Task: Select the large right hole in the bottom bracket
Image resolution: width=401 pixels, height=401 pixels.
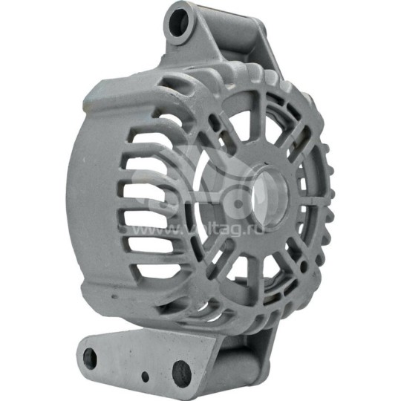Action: pyautogui.click(x=180, y=371)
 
